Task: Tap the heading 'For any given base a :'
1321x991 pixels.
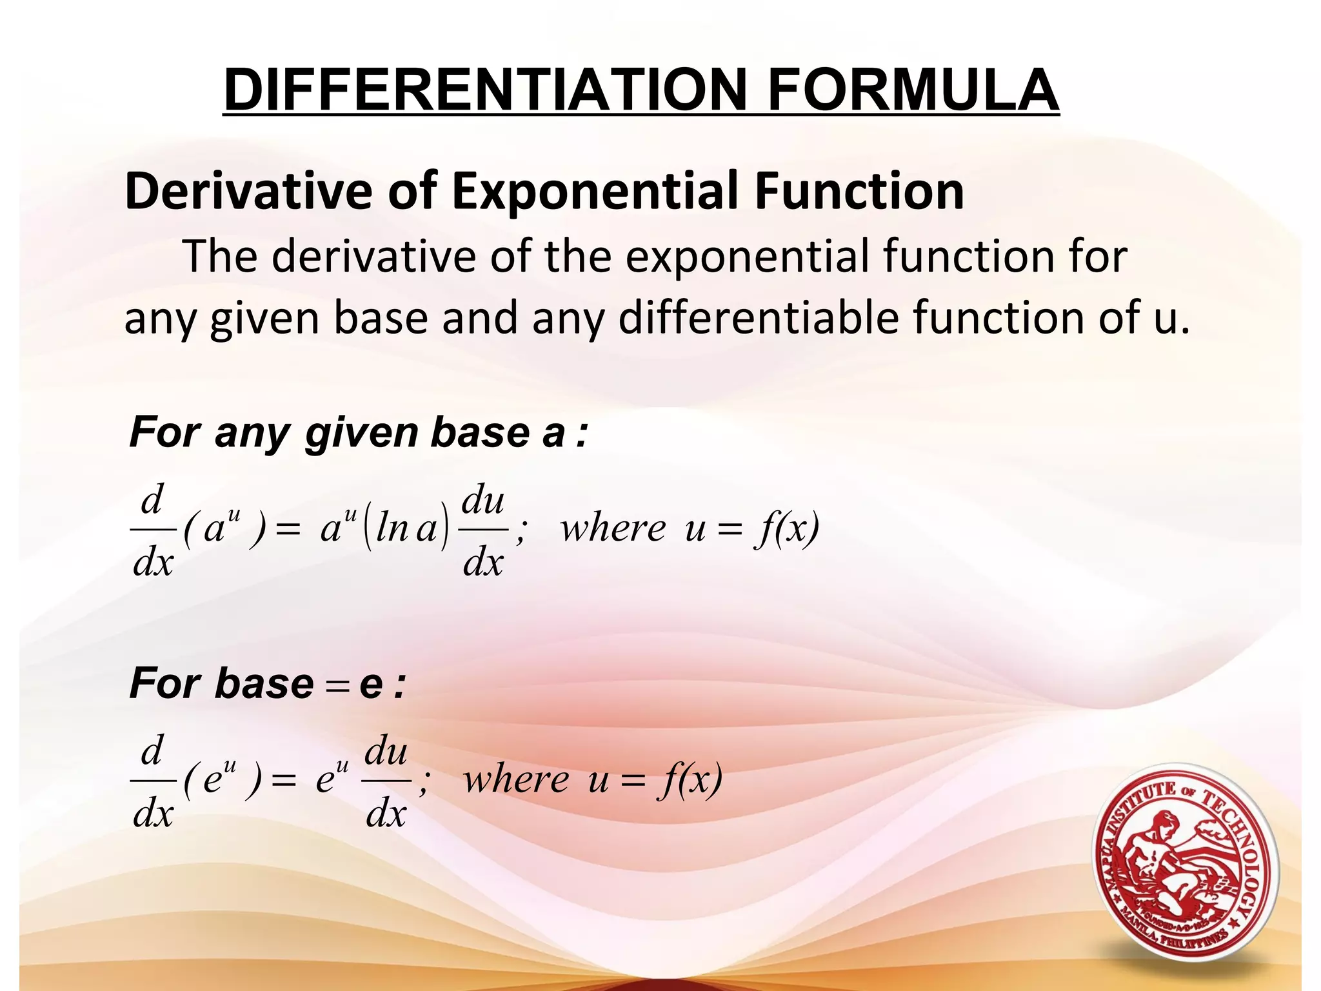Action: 358,433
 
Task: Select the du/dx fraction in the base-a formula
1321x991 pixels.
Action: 483,530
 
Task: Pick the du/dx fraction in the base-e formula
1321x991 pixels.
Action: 386,781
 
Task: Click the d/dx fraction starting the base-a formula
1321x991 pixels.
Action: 153,530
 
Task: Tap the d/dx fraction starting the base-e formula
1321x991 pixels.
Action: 153,781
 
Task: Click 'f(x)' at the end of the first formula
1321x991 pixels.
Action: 787,529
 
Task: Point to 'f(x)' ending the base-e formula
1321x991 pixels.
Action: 690,780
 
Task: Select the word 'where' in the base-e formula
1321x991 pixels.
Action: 516,780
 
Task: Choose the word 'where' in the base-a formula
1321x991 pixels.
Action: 613,529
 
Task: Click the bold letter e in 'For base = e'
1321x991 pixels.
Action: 371,685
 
